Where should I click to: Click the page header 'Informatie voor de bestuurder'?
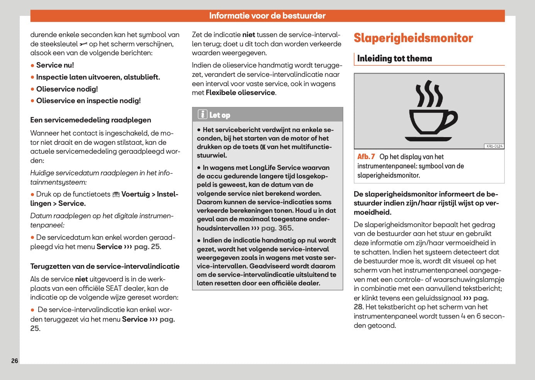[x=267, y=16]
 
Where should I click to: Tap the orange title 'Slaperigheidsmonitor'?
[x=413, y=38]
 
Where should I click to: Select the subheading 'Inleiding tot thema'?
[x=394, y=59]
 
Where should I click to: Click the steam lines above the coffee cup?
[x=428, y=94]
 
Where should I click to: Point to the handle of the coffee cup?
[x=451, y=120]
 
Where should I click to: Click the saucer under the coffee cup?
[x=428, y=139]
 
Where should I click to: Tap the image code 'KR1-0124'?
[x=494, y=146]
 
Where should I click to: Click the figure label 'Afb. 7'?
[x=366, y=157]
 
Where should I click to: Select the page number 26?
[x=15, y=361]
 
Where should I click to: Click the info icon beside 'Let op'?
[x=202, y=115]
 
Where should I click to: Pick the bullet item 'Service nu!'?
[x=55, y=65]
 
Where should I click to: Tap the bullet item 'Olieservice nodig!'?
[x=67, y=89]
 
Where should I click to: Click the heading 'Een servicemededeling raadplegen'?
[x=91, y=120]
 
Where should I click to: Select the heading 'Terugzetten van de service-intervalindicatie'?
[x=105, y=266]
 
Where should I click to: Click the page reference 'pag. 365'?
[x=277, y=228]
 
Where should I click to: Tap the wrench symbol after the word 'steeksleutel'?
[x=83, y=44]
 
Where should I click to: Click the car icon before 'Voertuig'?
[x=116, y=195]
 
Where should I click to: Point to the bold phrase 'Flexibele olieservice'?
[x=240, y=93]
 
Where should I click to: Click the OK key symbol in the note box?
[x=263, y=147]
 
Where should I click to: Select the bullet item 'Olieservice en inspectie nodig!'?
[x=88, y=101]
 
